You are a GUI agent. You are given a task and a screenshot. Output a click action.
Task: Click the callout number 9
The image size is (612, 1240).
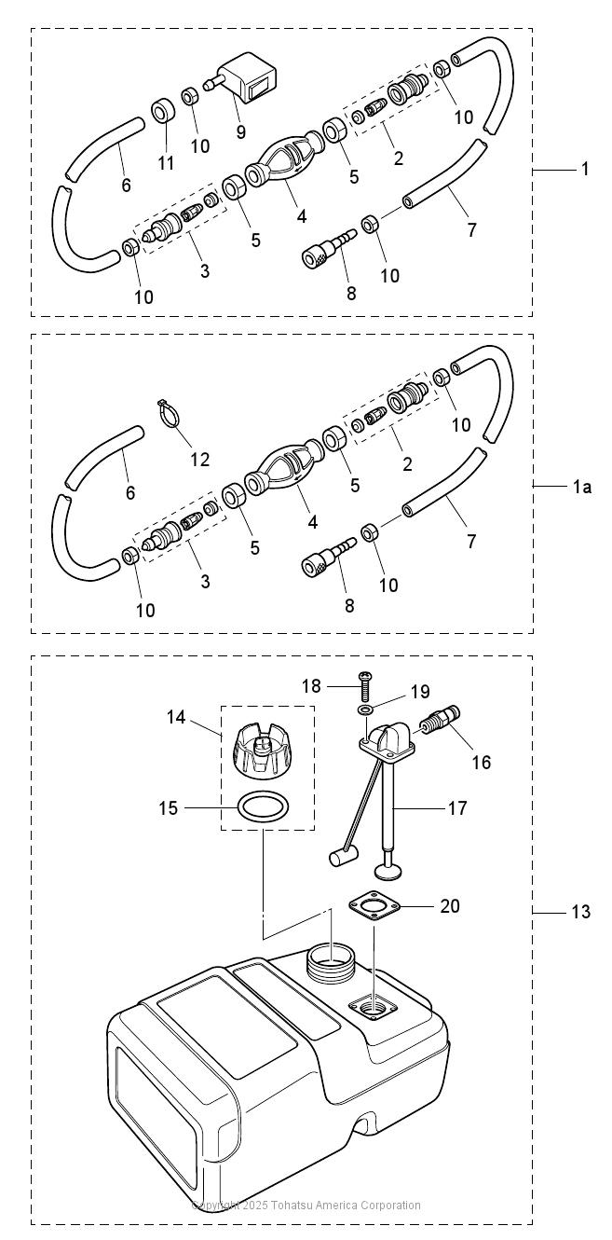(x=240, y=132)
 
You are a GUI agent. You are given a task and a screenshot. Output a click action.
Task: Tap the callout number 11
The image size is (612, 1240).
(x=166, y=163)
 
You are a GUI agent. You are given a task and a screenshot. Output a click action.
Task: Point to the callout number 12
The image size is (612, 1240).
(x=200, y=460)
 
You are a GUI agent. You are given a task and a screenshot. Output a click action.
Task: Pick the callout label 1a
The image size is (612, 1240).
(x=581, y=487)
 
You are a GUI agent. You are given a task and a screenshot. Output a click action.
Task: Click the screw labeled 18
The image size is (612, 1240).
(x=365, y=685)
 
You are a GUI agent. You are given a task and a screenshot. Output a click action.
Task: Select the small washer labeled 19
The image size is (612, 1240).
(x=365, y=710)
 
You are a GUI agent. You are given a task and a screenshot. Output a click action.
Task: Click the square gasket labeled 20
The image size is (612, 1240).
(x=374, y=905)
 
